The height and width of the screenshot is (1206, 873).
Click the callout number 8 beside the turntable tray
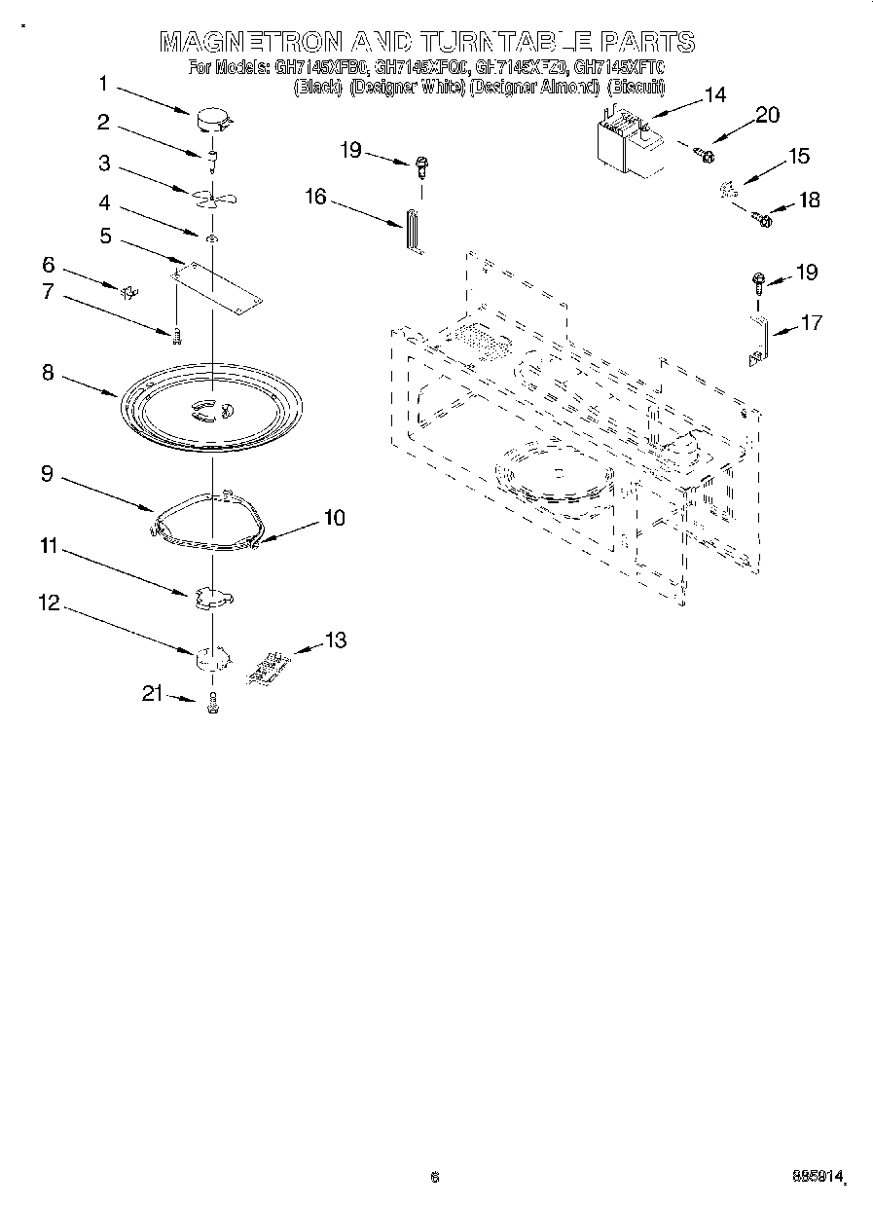(48, 373)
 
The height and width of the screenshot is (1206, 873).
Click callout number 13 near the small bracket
(335, 640)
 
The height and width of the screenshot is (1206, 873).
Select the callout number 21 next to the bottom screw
(151, 693)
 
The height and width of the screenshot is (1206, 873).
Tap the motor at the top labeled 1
(213, 122)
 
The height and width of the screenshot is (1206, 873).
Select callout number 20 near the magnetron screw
(767, 115)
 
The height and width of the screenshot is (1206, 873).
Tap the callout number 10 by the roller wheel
(333, 519)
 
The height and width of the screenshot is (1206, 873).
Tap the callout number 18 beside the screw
(808, 201)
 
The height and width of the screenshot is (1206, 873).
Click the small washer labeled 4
(211, 237)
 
